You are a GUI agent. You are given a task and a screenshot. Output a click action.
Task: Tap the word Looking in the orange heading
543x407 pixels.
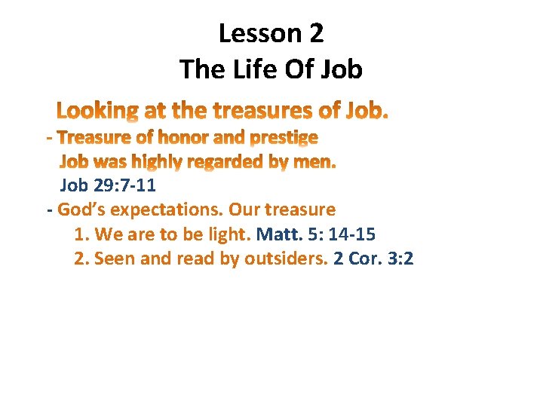click(x=97, y=112)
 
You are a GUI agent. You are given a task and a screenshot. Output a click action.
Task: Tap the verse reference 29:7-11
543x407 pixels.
click(x=123, y=185)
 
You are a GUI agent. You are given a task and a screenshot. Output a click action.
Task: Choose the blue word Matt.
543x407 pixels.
click(x=280, y=234)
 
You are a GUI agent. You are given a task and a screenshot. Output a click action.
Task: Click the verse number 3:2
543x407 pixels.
click(x=402, y=259)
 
